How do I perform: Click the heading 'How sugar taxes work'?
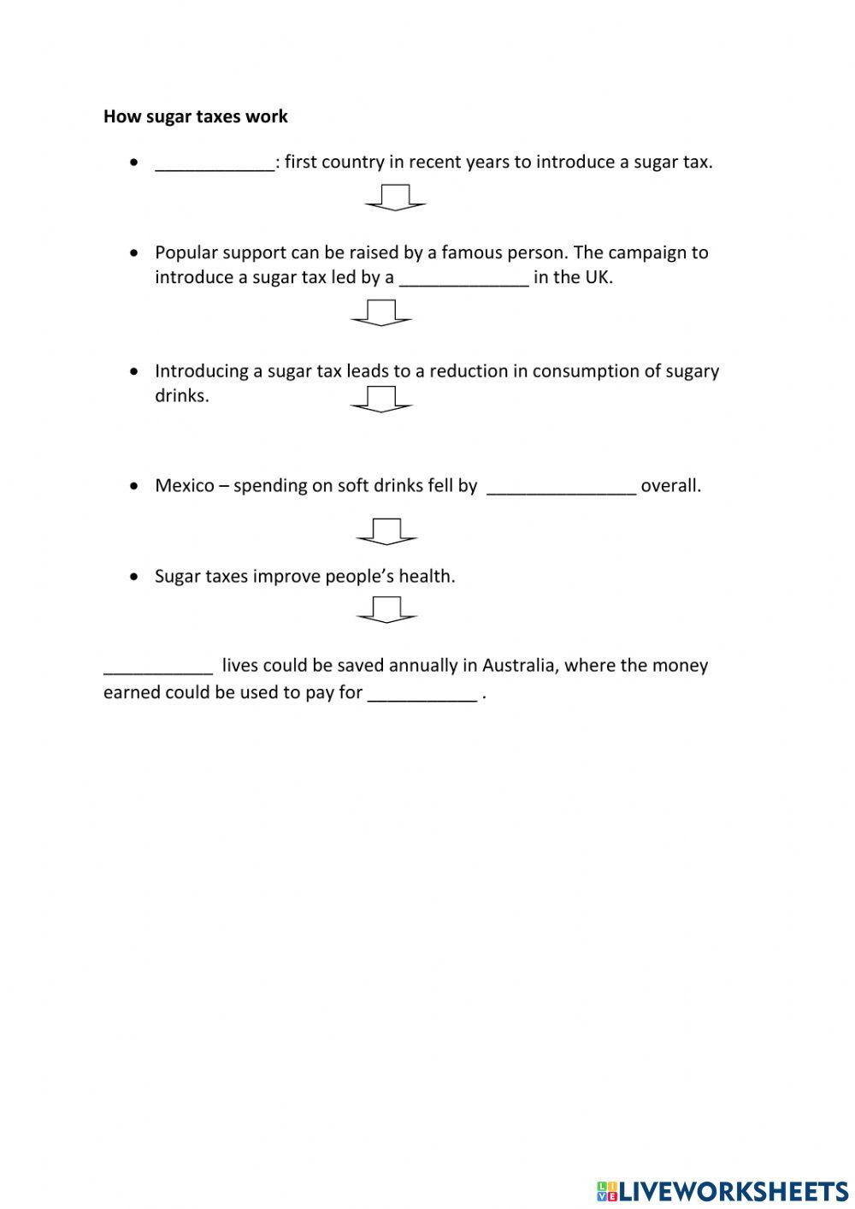[x=195, y=116]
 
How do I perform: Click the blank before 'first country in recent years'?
[x=215, y=163]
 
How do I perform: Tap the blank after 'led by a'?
[x=463, y=277]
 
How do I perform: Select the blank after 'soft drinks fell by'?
[x=561, y=486]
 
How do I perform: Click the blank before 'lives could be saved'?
[x=157, y=666]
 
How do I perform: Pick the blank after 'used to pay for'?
[x=422, y=693]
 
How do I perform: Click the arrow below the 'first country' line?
[x=395, y=198]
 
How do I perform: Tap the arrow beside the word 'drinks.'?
[x=381, y=399]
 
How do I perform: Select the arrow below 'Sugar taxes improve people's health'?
[x=386, y=609]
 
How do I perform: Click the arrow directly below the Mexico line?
[x=386, y=531]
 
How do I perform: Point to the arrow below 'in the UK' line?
[x=381, y=312]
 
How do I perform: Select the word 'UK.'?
[x=598, y=277]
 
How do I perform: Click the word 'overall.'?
[x=670, y=486]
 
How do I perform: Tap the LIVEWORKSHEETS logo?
[x=722, y=1190]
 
